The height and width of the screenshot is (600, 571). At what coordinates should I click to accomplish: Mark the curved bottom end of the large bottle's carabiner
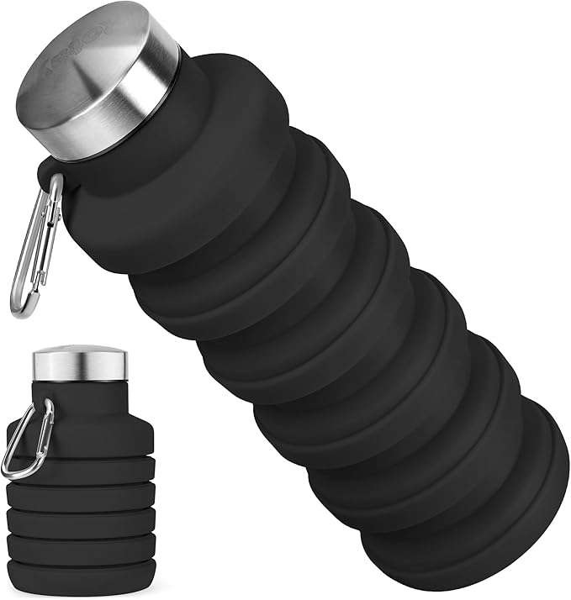click(20, 308)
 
